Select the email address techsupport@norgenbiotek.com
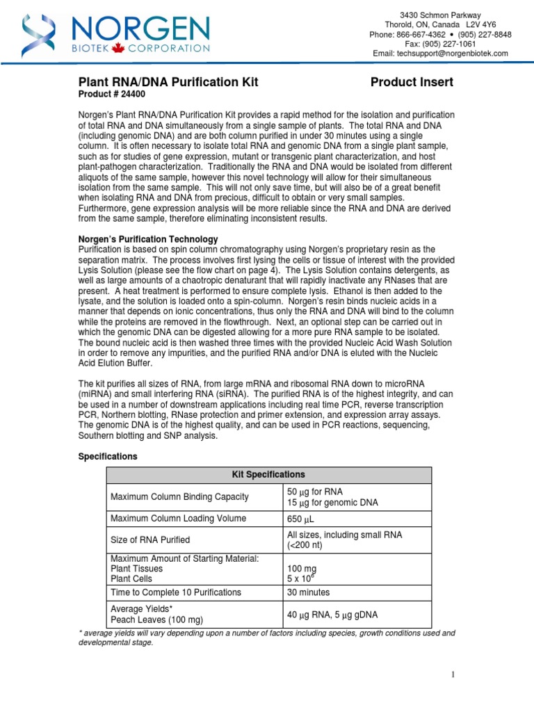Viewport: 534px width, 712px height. click(449, 54)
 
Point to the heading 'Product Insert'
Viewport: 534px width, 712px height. click(412, 82)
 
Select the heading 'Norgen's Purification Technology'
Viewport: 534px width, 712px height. click(147, 239)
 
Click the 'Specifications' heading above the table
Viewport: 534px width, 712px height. click(108, 456)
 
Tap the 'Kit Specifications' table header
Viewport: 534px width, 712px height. click(268, 475)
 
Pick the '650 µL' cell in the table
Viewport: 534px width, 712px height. click(302, 519)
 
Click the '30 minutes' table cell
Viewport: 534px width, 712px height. click(309, 592)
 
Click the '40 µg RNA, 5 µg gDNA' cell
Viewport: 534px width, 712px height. click(334, 615)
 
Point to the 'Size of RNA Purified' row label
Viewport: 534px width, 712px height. click(150, 540)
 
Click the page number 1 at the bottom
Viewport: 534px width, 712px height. click(452, 674)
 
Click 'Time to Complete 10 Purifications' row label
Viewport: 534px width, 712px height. click(176, 592)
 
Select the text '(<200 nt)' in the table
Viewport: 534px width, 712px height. click(307, 545)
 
